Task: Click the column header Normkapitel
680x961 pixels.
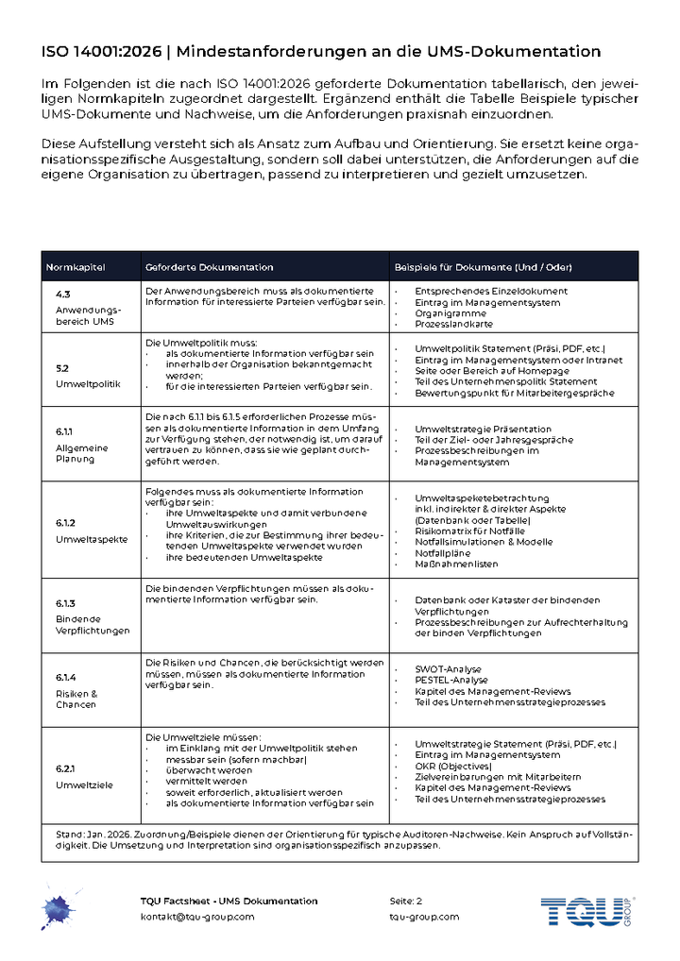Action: [76, 267]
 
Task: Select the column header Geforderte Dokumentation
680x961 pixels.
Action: [209, 267]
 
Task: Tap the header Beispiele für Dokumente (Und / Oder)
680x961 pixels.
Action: [483, 267]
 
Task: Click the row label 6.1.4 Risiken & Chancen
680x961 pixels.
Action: [76, 691]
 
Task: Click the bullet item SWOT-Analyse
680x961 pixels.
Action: [449, 669]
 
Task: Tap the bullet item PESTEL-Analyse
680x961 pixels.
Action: [451, 680]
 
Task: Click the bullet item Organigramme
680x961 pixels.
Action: [450, 313]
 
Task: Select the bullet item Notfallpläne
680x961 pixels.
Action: [445, 553]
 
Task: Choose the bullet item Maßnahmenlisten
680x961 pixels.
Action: [456, 565]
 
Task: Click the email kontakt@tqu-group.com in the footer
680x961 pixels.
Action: [197, 917]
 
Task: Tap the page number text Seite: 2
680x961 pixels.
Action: [406, 901]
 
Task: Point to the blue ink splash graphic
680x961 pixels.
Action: [59, 909]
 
